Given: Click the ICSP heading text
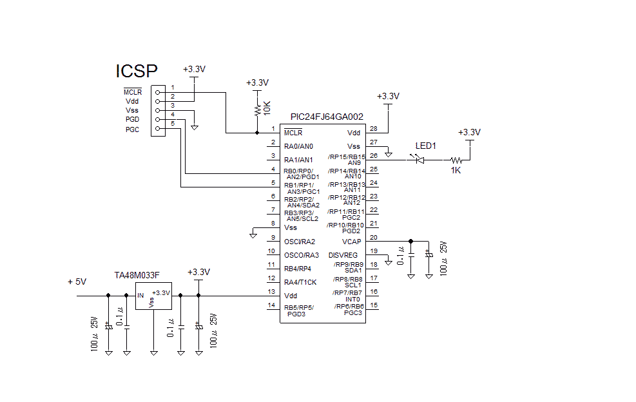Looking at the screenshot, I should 136,71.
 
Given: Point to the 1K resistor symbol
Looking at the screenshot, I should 456,159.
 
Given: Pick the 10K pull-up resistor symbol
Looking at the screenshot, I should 257,108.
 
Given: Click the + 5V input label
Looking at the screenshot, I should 77,282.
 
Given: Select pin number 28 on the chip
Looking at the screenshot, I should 373,128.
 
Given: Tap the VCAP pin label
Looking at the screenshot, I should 351,242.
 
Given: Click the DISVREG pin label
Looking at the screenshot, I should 343,255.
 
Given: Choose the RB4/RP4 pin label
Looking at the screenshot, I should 298,269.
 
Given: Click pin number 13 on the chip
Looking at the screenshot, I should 273,292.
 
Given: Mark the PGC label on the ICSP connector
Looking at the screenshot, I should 132,129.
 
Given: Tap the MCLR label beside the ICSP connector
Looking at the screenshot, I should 133,92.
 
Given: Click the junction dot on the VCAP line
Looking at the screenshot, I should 411,241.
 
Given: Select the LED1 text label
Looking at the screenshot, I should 426,146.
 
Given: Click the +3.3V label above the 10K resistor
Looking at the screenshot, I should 258,83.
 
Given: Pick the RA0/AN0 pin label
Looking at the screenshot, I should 298,146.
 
